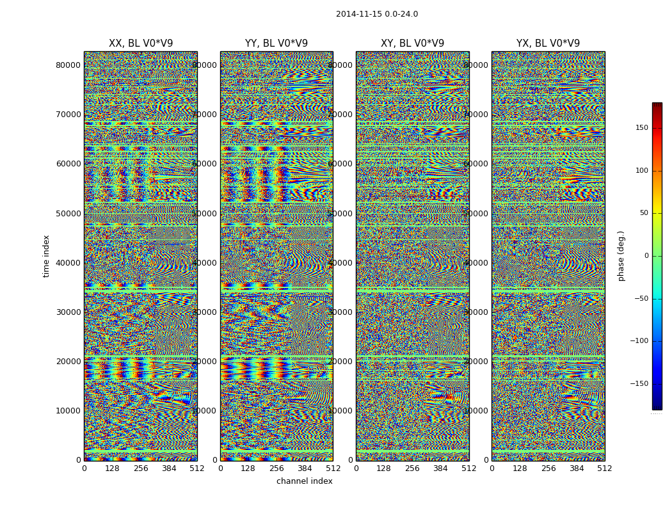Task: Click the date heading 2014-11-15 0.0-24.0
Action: [x=376, y=14]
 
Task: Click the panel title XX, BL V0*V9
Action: [x=141, y=44]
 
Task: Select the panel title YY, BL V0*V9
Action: [x=276, y=44]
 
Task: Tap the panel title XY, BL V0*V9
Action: [x=412, y=44]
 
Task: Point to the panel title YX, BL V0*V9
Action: [x=548, y=44]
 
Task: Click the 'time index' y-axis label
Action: [x=46, y=256]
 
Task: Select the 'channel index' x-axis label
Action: [x=305, y=481]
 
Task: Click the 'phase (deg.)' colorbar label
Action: [x=621, y=256]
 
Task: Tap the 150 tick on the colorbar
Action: [x=641, y=128]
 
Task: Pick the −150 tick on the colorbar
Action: [x=639, y=384]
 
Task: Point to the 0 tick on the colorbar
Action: [x=645, y=256]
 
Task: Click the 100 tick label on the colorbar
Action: [x=641, y=171]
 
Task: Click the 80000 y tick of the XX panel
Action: [x=68, y=65]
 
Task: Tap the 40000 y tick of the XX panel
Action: [x=68, y=262]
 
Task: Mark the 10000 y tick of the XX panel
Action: [x=68, y=411]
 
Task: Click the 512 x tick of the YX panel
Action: [x=605, y=468]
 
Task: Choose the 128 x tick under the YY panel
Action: [x=248, y=468]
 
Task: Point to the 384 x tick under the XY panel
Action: [x=440, y=468]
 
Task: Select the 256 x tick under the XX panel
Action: [x=141, y=468]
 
